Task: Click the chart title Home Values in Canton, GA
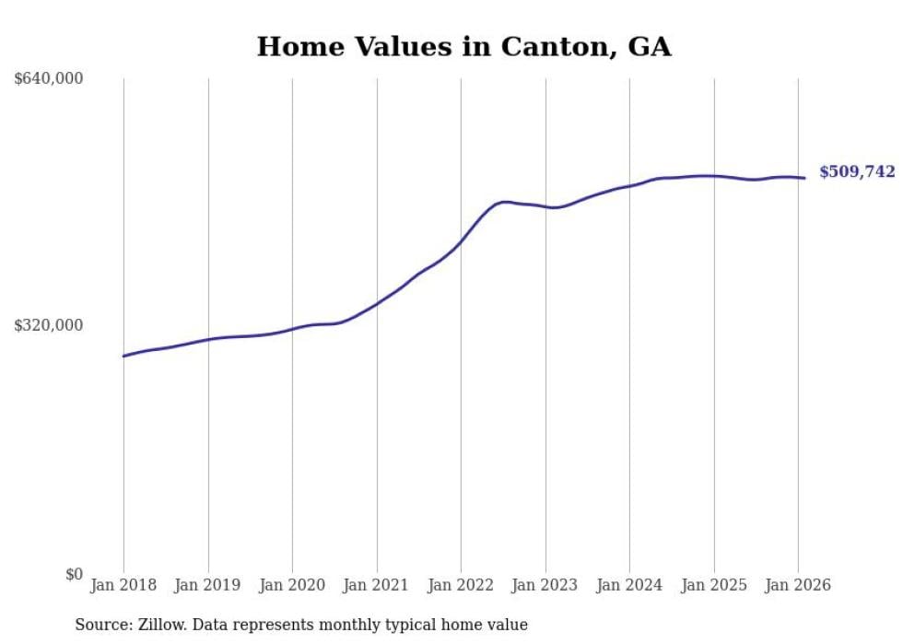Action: pos(463,46)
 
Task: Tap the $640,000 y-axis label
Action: pos(49,79)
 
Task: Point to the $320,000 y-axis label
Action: pos(49,325)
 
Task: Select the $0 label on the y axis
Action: pos(74,574)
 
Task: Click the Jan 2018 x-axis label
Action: pos(123,585)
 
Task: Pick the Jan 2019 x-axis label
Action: pos(207,585)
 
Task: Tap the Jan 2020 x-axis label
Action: pos(292,585)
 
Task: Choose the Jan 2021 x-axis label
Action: pos(376,585)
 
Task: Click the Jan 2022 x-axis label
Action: pos(461,585)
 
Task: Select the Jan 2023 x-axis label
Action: pos(545,585)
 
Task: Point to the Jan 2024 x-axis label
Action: pos(629,585)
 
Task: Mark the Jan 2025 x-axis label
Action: pos(713,585)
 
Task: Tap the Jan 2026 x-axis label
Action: pos(798,585)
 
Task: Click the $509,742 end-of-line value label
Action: pos(857,171)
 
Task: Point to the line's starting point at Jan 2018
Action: pos(123,356)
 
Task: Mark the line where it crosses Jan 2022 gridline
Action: pos(461,242)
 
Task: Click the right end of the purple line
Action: pos(805,178)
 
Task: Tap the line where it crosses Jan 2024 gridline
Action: pos(629,185)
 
